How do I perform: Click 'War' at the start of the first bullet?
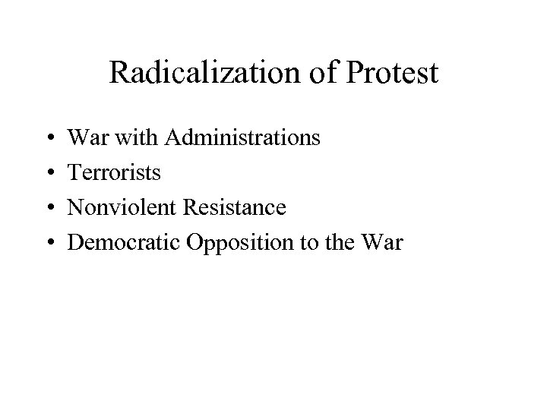click(84, 138)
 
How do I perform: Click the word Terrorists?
click(115, 173)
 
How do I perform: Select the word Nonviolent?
click(118, 208)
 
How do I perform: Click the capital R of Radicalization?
click(119, 73)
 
